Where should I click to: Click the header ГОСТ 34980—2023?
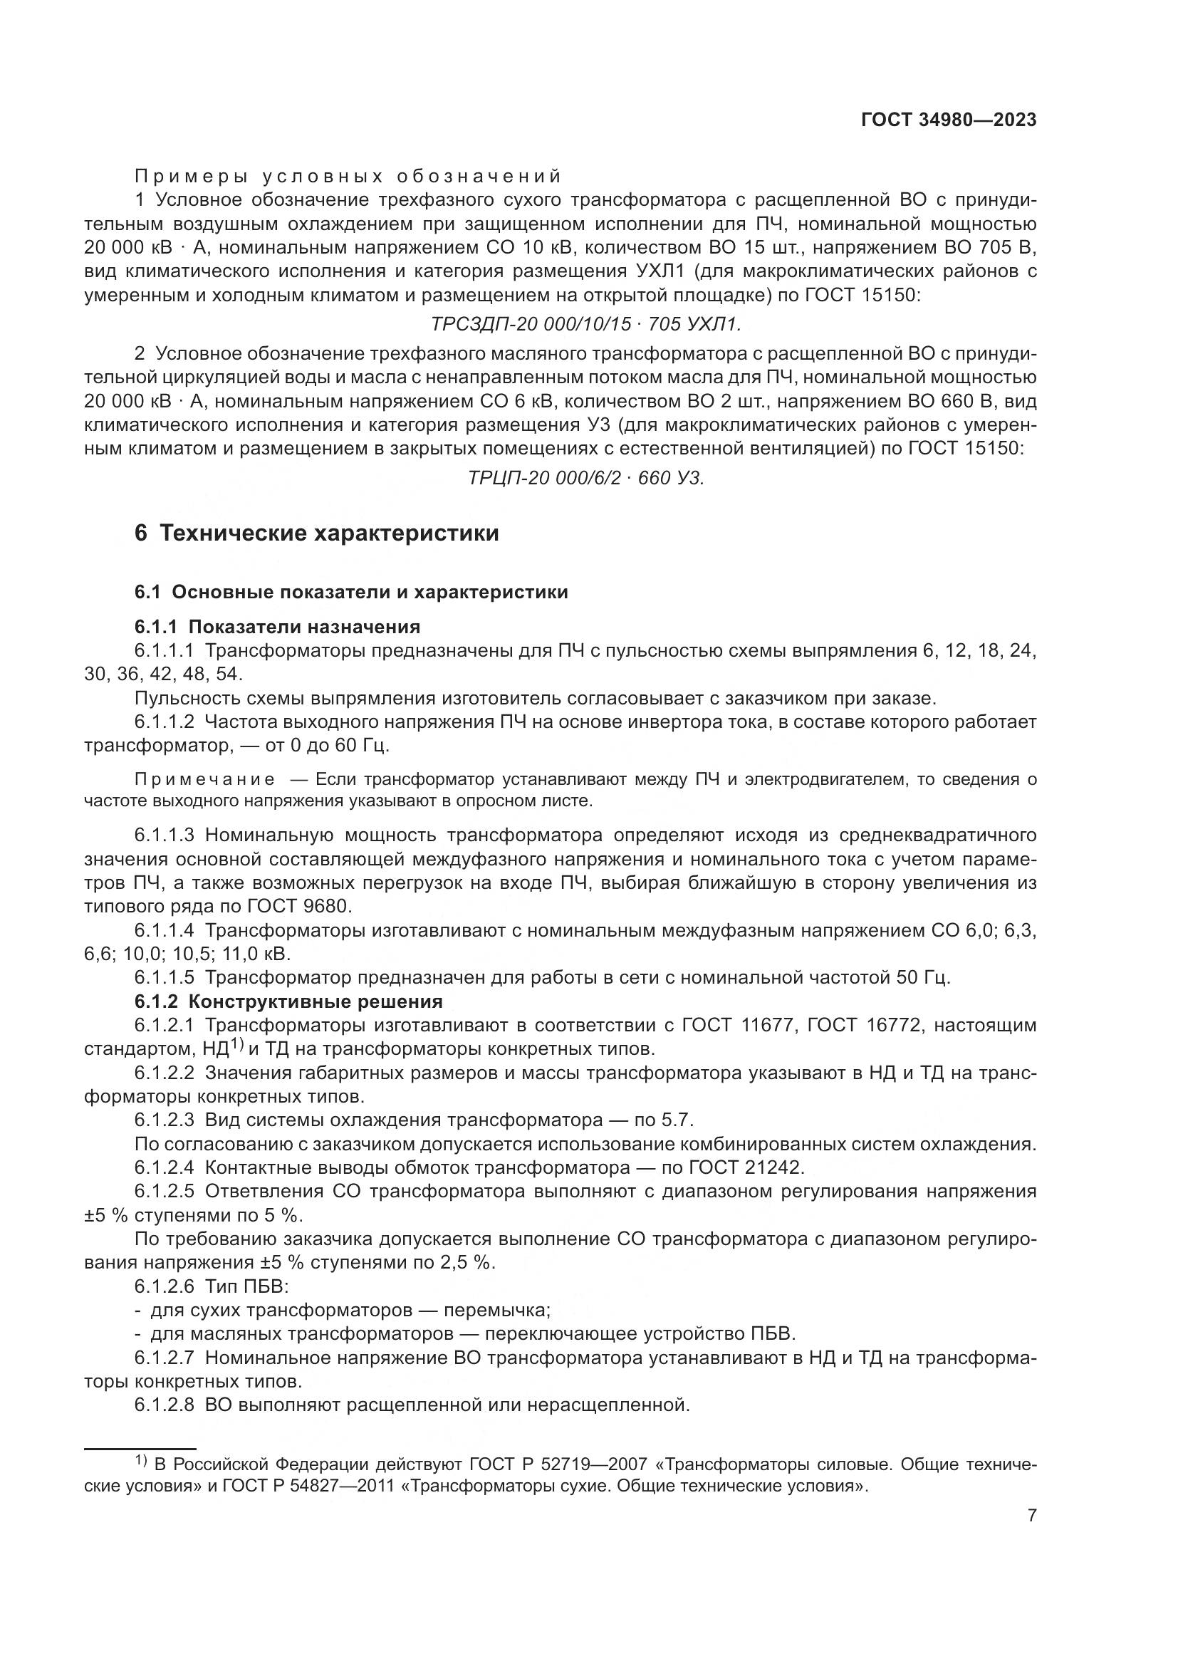948,120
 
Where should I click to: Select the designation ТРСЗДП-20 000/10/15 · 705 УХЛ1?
586,323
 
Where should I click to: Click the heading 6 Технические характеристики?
317,533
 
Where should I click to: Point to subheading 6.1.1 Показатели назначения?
277,626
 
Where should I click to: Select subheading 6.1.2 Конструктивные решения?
288,1002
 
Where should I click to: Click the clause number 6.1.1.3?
164,835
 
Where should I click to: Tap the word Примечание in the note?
204,779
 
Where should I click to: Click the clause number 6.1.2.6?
164,1286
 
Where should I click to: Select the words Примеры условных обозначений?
348,177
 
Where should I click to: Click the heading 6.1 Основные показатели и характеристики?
351,592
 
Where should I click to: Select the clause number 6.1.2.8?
164,1405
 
